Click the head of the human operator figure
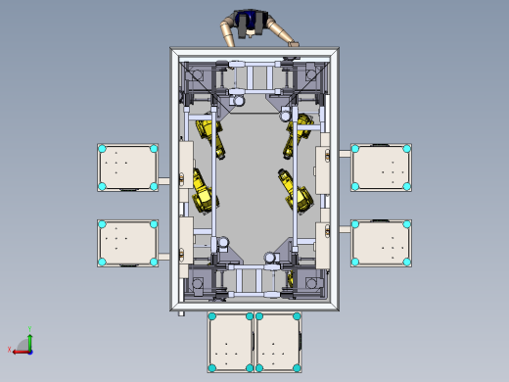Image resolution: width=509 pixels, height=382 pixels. coord(250,19)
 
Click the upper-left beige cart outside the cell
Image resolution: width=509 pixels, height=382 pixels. coord(128,167)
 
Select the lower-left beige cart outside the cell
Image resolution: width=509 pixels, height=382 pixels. coord(128,242)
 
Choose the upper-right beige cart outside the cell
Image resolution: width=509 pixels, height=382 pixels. coord(381,167)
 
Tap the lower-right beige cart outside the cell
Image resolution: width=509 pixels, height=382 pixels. coord(381,242)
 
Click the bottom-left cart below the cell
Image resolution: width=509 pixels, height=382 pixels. coord(231,342)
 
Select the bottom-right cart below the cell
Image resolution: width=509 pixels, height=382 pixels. coord(278,342)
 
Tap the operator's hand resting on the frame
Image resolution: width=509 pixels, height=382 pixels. coord(293,43)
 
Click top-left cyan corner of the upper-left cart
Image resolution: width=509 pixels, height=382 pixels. coord(102,149)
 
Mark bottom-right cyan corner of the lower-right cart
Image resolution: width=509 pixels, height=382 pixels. coord(406,262)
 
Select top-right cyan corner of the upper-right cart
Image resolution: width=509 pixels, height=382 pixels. coord(406,149)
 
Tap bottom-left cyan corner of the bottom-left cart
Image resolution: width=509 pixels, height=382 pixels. coord(212,368)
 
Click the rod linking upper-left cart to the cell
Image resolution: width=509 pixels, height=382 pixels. coord(165,181)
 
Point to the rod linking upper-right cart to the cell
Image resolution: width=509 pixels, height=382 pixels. coord(345,153)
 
